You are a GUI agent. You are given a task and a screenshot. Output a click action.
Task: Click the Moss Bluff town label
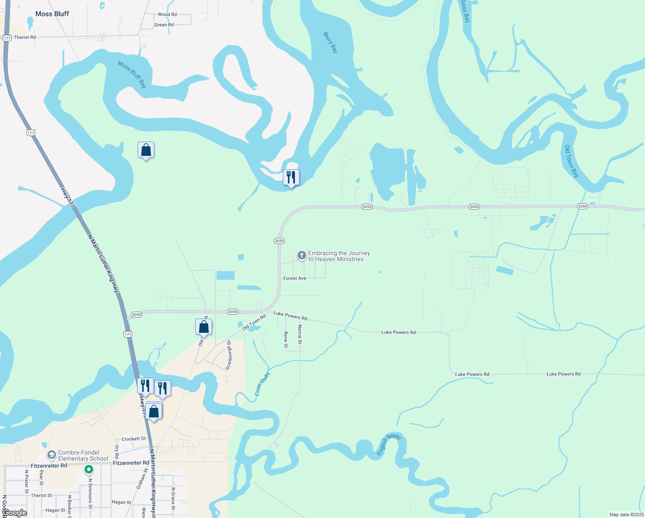click(52, 14)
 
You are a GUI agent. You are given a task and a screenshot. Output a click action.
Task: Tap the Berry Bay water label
click(331, 42)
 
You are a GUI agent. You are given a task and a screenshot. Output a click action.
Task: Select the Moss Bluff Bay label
click(132, 74)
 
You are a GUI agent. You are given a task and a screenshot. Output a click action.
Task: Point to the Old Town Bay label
click(572, 161)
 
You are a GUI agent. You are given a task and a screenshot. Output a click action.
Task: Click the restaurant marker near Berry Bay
click(291, 177)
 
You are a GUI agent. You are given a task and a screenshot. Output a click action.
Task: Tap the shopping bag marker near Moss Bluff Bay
click(146, 150)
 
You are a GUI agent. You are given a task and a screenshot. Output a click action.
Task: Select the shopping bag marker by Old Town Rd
click(204, 327)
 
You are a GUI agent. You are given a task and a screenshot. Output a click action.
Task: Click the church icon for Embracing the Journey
click(301, 256)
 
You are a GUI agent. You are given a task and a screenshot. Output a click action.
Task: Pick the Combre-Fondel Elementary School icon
click(51, 455)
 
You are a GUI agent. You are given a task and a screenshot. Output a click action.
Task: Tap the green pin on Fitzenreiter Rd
click(89, 469)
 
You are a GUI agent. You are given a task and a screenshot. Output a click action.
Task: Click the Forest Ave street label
click(295, 278)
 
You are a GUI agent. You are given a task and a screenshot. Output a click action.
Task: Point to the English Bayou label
click(388, 444)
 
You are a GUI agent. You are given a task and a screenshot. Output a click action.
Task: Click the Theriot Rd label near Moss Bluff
click(25, 38)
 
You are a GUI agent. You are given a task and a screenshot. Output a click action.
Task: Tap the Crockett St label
click(134, 439)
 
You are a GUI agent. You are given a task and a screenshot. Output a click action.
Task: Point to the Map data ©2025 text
click(626, 515)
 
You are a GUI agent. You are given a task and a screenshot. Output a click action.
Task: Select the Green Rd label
click(164, 25)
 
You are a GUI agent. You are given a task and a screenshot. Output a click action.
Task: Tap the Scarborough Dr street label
click(229, 355)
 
